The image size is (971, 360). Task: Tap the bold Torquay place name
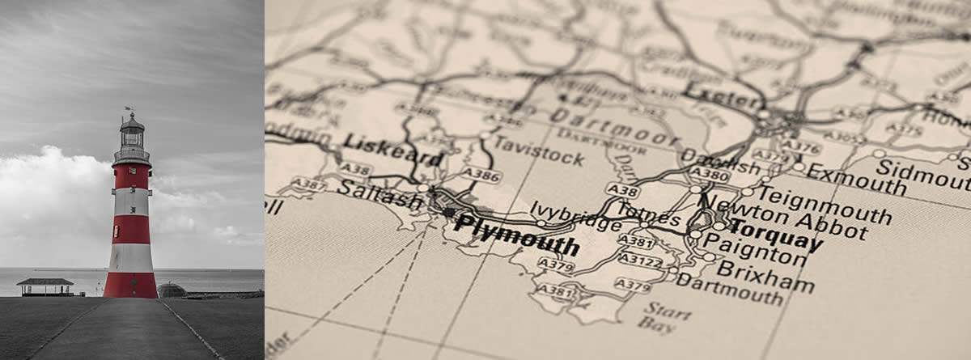pyautogui.click(x=776, y=232)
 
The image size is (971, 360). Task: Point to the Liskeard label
pyautogui.click(x=393, y=150)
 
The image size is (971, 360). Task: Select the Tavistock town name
pyautogui.click(x=538, y=151)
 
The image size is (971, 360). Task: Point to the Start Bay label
pyautogui.click(x=659, y=316)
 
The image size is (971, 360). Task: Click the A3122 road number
pyautogui.click(x=640, y=261)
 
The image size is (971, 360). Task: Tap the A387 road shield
pyautogui.click(x=307, y=184)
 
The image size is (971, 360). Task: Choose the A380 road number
pyautogui.click(x=709, y=173)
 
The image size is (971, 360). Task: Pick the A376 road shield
pyautogui.click(x=801, y=146)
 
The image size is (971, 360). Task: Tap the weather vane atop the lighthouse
pyautogui.click(x=128, y=109)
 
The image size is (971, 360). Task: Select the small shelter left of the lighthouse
pyautogui.click(x=45, y=286)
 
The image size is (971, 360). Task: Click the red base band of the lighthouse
pyautogui.click(x=130, y=285)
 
